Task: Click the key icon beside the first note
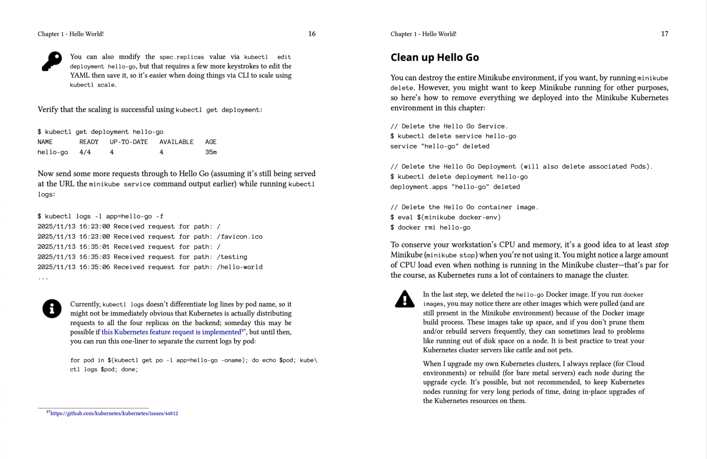[52, 61]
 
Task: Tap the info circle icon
[52, 308]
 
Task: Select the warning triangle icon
[404, 299]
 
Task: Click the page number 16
[312, 34]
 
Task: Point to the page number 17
[664, 34]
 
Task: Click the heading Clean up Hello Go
[434, 57]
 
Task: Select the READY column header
[89, 142]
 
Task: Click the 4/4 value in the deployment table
[85, 152]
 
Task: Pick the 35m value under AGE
[211, 152]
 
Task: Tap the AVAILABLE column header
[176, 142]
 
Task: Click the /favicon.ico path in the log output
[239, 237]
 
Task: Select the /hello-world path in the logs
[239, 267]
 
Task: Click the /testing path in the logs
[232, 257]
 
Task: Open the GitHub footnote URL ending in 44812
[114, 413]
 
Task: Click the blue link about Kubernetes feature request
[171, 332]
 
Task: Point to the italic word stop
[661, 245]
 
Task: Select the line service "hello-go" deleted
[440, 146]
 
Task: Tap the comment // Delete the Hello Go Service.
[449, 126]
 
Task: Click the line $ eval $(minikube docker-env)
[445, 217]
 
